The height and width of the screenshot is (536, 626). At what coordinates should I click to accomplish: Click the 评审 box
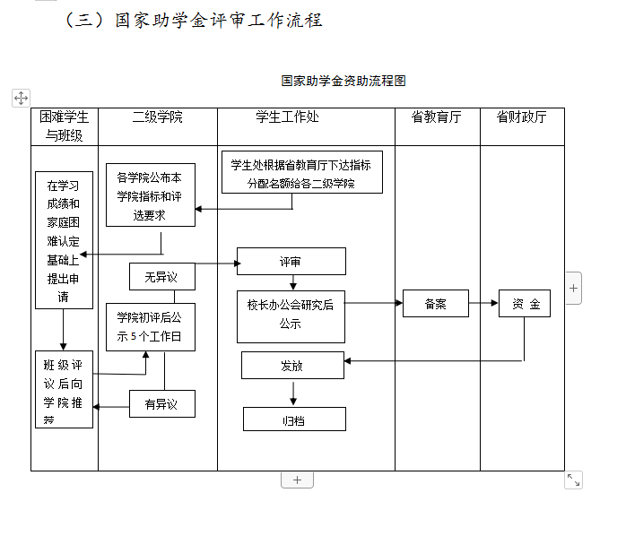coord(291,262)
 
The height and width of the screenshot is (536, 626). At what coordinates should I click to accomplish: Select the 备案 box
coord(435,304)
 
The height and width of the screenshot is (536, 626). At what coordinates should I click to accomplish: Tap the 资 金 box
coord(525,304)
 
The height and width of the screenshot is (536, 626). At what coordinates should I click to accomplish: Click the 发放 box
coord(292,365)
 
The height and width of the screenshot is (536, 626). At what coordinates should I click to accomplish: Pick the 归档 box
coord(293,419)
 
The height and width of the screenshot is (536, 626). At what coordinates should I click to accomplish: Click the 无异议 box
coord(161,277)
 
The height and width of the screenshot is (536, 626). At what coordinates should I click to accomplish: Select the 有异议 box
coord(161,404)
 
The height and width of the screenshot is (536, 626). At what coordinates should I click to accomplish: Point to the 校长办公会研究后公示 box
coord(291,316)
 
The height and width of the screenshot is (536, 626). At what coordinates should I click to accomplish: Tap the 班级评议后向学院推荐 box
coord(63,389)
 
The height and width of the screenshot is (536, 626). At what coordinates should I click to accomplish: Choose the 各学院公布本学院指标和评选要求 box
coord(150,195)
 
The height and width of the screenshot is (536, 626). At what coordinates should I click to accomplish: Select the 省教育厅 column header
coord(437,117)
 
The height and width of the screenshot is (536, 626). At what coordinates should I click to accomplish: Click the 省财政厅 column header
coord(522,117)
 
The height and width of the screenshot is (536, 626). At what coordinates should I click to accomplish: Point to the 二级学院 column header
coord(157,117)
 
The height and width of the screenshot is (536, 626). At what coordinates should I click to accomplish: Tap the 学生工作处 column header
coord(287,117)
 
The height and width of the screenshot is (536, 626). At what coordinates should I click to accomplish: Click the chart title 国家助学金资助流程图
coord(343,81)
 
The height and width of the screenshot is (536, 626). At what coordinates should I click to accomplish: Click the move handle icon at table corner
coord(21,98)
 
